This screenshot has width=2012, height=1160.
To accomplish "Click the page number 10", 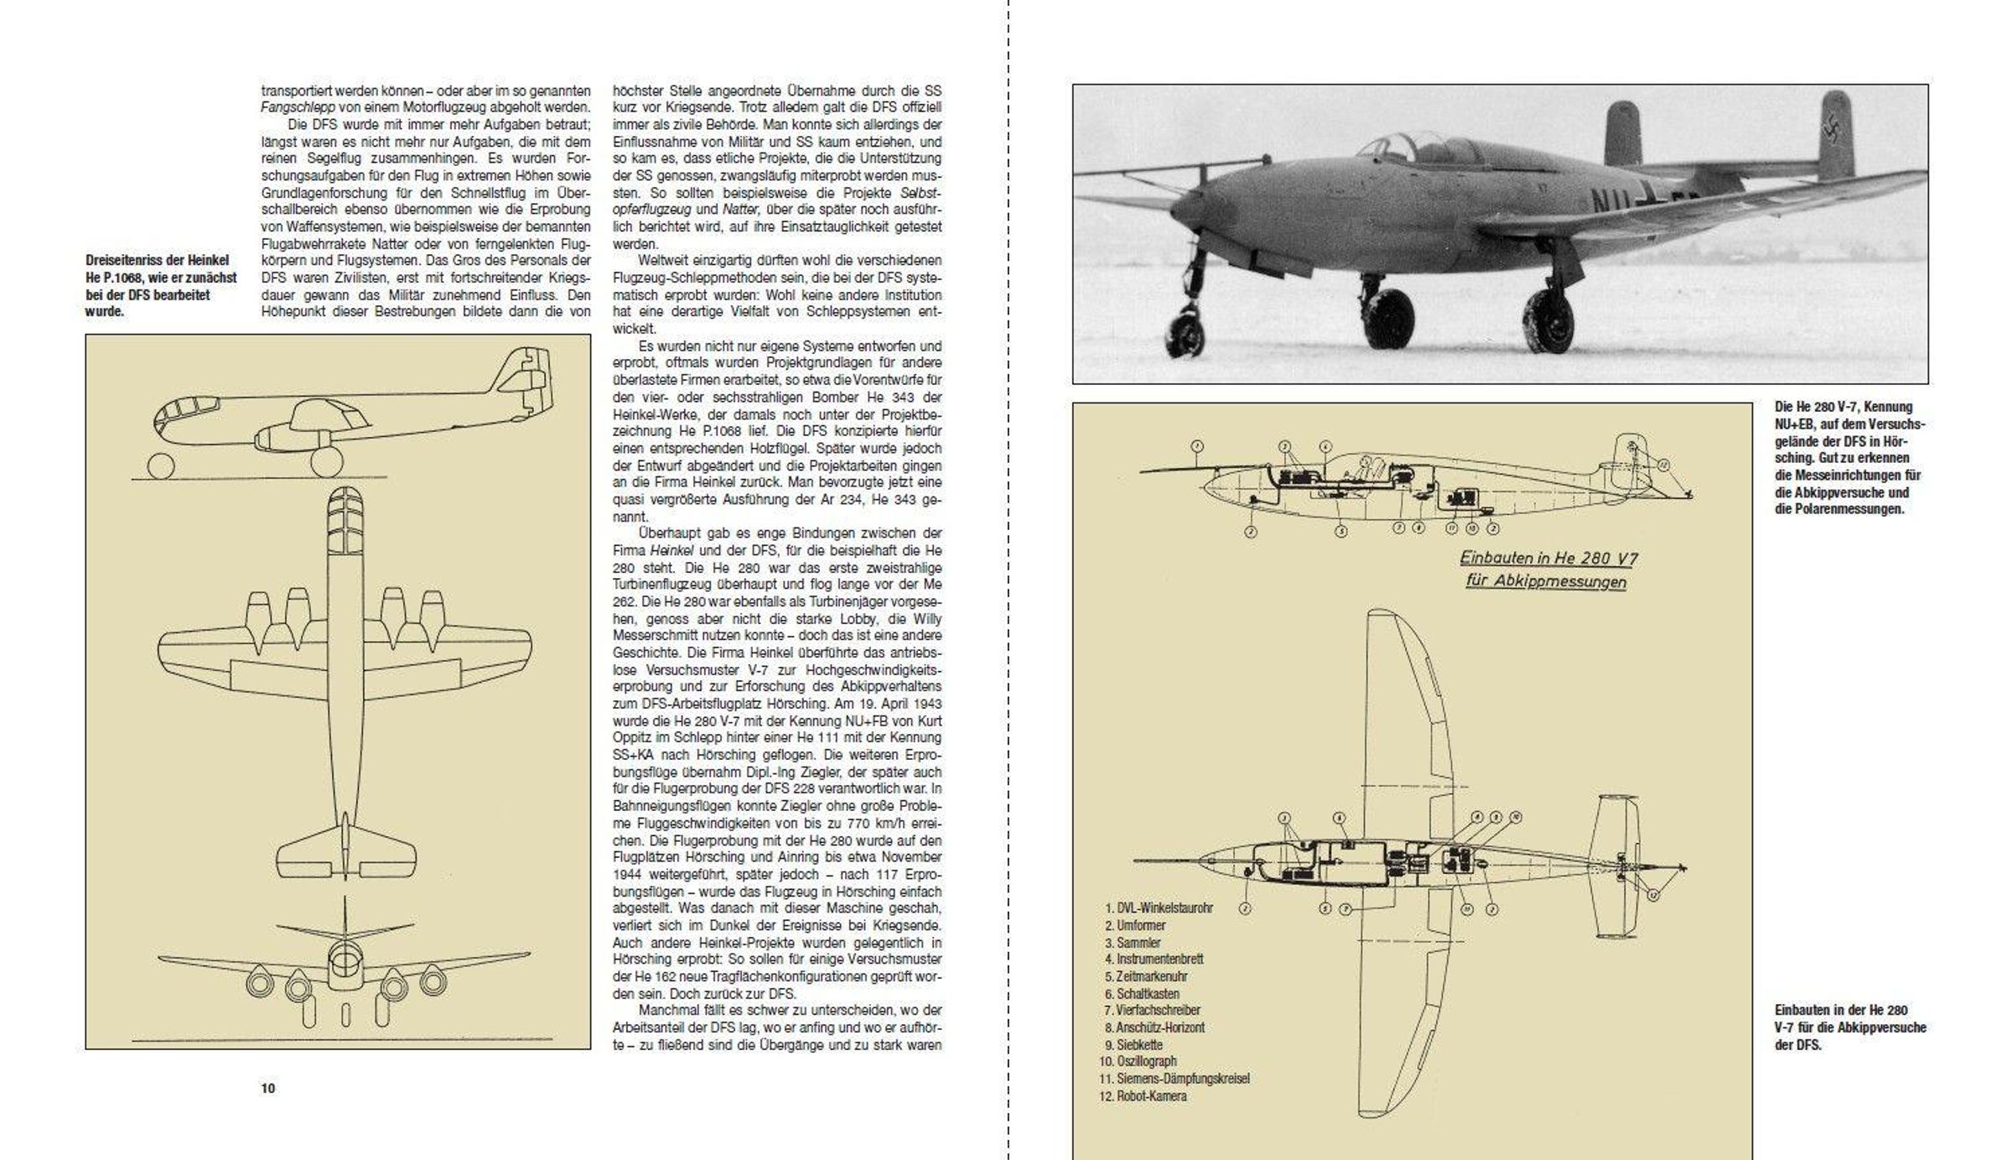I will tap(268, 1089).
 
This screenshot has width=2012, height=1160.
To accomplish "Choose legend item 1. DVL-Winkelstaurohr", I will tap(1159, 908).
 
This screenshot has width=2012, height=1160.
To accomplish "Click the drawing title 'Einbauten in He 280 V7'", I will tap(1548, 559).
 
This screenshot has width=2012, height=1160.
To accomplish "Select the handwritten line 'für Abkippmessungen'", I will tap(1546, 580).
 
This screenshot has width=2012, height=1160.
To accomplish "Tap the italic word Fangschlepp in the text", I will tap(298, 107).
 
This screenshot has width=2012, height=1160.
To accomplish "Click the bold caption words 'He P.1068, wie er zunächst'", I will tap(161, 278).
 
